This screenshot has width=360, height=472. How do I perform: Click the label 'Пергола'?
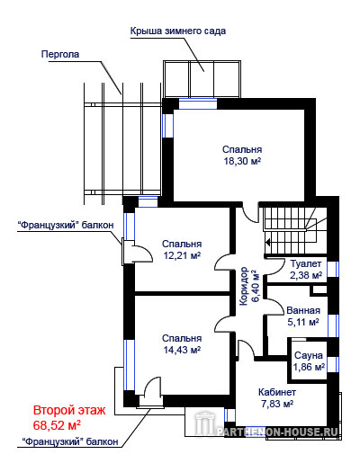click(60, 54)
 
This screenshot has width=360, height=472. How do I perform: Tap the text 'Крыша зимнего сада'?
click(177, 31)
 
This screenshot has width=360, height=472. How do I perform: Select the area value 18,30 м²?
click(242, 161)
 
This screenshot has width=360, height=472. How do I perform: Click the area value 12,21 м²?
click(182, 255)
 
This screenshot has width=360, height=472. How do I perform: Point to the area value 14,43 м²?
click(182, 350)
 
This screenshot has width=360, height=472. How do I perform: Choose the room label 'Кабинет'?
click(277, 392)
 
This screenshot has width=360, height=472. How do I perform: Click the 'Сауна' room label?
click(308, 355)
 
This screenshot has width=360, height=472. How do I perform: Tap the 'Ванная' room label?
click(303, 310)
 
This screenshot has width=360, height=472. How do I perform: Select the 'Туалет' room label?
click(306, 263)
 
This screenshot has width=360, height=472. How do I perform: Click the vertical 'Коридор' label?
click(244, 286)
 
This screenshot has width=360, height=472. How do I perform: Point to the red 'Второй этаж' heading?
click(69, 410)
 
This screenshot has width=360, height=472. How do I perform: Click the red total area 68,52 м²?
click(57, 425)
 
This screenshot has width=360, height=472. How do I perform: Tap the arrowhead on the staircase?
click(268, 242)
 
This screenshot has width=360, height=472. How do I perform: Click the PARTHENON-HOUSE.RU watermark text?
click(277, 432)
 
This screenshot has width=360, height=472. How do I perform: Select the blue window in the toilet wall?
click(333, 269)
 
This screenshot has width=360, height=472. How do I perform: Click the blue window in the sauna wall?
click(333, 364)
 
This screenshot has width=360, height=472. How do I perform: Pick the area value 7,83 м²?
click(277, 404)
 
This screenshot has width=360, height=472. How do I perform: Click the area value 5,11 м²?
click(303, 322)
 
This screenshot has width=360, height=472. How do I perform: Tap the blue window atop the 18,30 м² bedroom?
click(198, 104)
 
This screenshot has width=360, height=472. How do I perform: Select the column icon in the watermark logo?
click(205, 423)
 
